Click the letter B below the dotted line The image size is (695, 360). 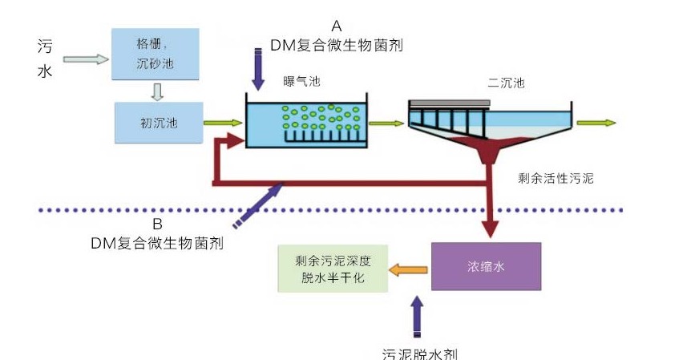tap(157, 224)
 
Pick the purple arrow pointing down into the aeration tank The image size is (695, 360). tap(257, 69)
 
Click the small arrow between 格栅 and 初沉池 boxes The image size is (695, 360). tap(158, 91)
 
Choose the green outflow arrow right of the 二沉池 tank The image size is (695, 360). tap(596, 123)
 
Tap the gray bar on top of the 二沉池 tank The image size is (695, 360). tap(450, 103)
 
